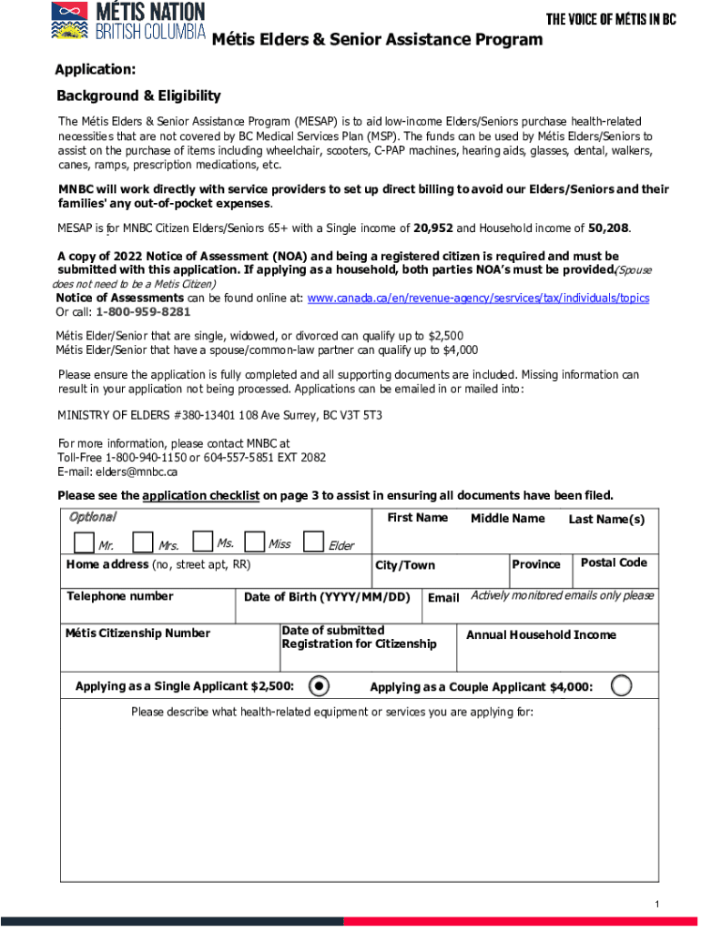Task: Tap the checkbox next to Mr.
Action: click(x=84, y=543)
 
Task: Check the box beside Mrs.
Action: click(x=142, y=543)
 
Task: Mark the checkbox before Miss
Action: click(x=255, y=542)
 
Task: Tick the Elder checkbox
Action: click(x=313, y=543)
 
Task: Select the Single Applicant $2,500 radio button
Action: click(x=319, y=685)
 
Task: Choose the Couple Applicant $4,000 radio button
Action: click(x=622, y=685)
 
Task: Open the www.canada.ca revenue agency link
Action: click(x=478, y=298)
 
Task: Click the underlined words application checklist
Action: click(x=200, y=495)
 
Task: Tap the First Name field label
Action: click(x=417, y=518)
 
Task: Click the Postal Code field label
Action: click(x=614, y=562)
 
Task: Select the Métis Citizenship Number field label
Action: click(x=137, y=633)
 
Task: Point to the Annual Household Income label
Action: click(x=541, y=634)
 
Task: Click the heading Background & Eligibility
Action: click(x=138, y=96)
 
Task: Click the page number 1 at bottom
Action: click(x=655, y=904)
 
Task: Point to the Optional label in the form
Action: click(x=92, y=517)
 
